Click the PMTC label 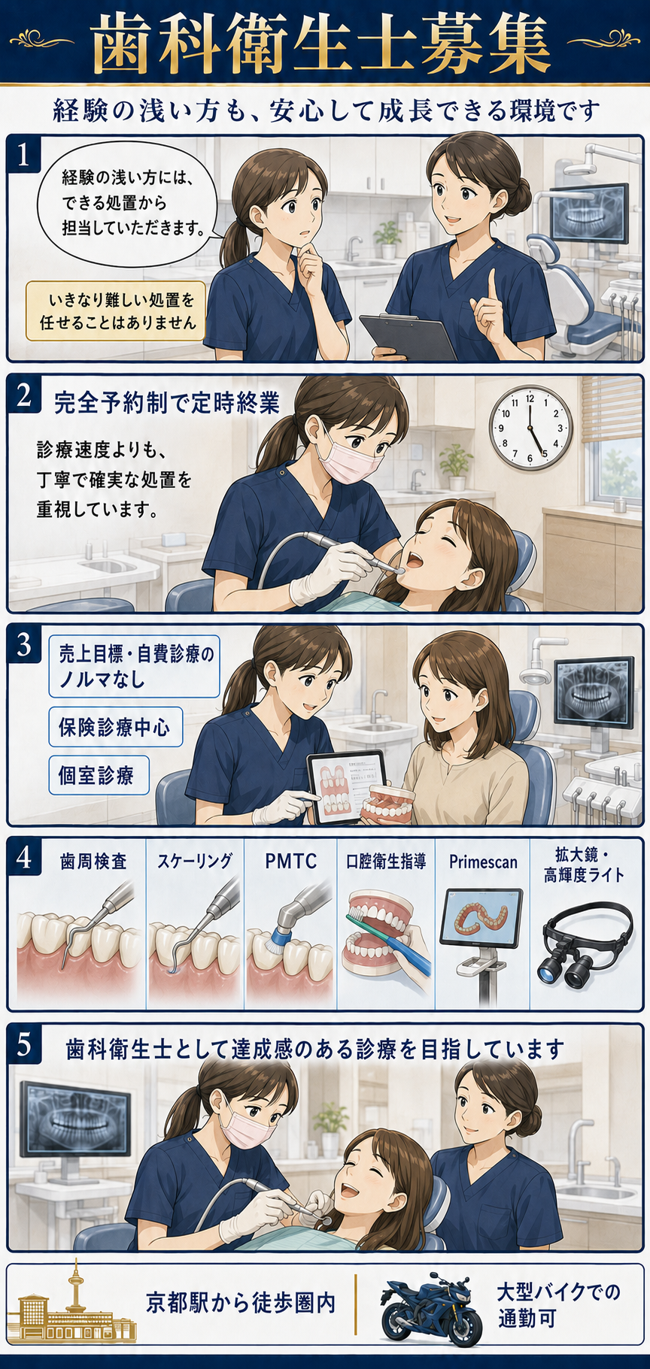click(x=290, y=861)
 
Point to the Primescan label click(x=483, y=862)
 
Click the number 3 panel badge click(x=24, y=645)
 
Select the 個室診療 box click(x=99, y=775)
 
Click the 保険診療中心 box click(x=115, y=726)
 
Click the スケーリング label click(x=195, y=861)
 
